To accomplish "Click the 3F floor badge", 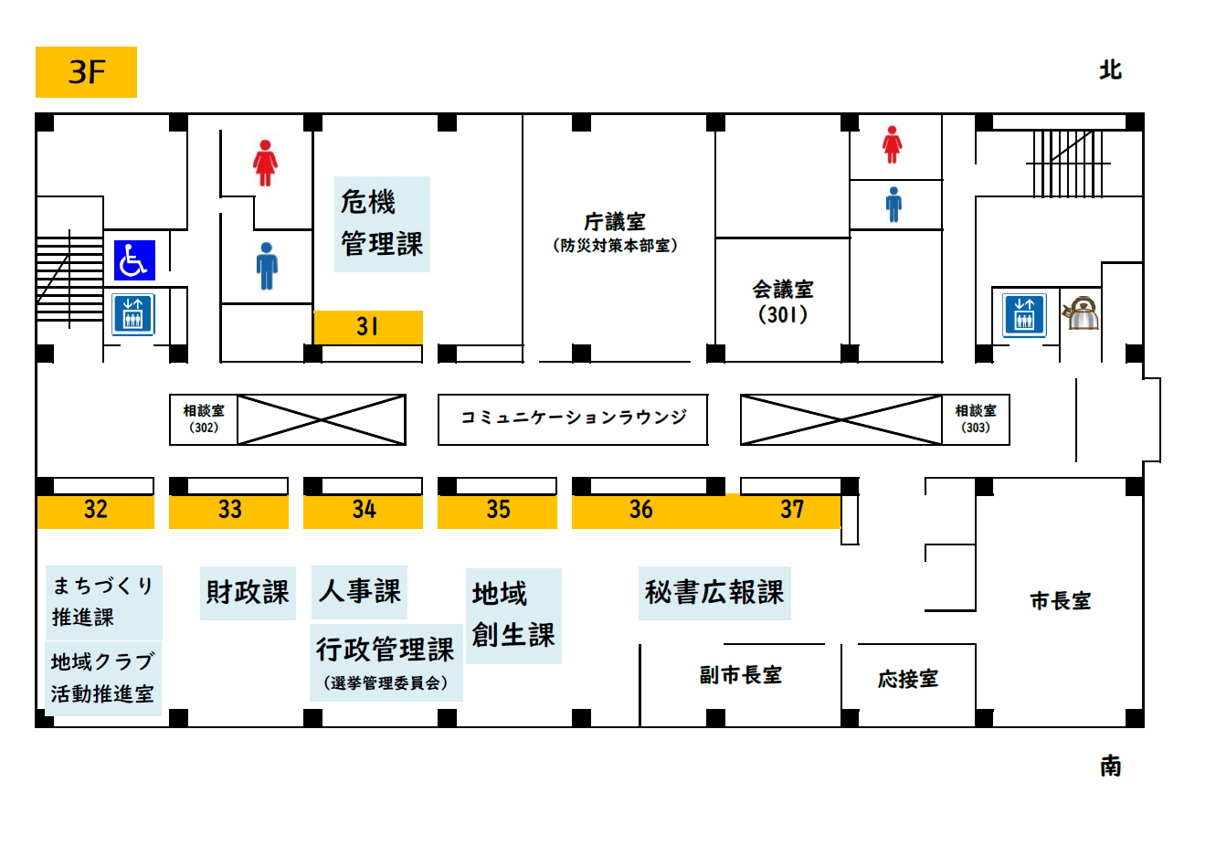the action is click(x=86, y=71).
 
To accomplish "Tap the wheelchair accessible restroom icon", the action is click(x=134, y=260).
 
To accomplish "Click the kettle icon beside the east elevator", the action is click(x=1081, y=313).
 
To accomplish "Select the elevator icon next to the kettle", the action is click(x=1024, y=314).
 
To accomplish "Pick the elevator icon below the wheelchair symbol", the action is click(x=133, y=313).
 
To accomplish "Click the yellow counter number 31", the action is click(x=368, y=327).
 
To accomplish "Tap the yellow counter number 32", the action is click(x=96, y=510).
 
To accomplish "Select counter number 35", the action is click(x=498, y=510).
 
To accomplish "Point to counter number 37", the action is click(x=792, y=510).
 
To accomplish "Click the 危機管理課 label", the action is click(x=382, y=224).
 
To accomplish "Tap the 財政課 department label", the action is click(x=248, y=593).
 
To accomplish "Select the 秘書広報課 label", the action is click(x=714, y=593).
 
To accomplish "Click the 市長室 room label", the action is click(x=1060, y=601).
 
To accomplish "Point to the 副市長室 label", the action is click(x=741, y=675).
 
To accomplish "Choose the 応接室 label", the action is click(x=908, y=680).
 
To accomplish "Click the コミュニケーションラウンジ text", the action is click(x=573, y=418).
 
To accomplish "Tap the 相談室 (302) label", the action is click(x=204, y=419).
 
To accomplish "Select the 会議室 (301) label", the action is click(x=783, y=302).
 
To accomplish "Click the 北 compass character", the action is click(x=1111, y=70).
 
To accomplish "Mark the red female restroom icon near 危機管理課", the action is click(x=266, y=164).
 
